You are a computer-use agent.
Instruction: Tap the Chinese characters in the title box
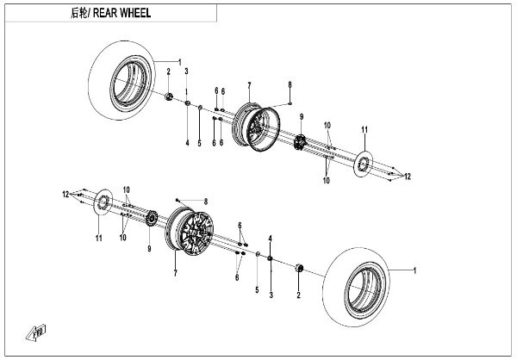75,15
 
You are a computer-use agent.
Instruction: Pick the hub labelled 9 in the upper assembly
302,141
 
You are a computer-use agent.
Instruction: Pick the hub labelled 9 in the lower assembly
150,222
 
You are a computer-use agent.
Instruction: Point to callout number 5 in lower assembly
256,290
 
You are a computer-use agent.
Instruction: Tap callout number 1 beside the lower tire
414,272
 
